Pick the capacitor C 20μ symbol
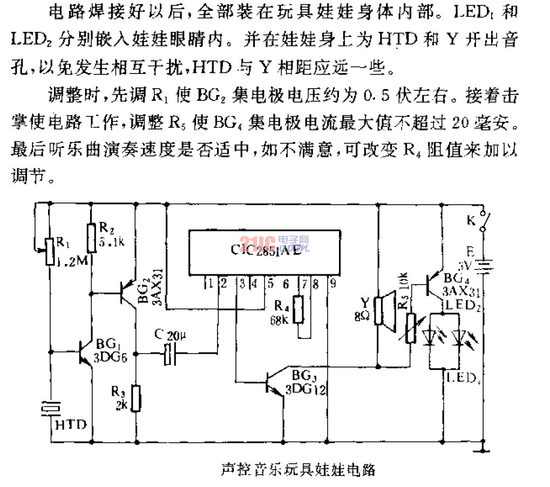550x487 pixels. [170, 354]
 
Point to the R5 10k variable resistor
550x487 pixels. [411, 329]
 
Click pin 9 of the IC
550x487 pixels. [333, 282]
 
